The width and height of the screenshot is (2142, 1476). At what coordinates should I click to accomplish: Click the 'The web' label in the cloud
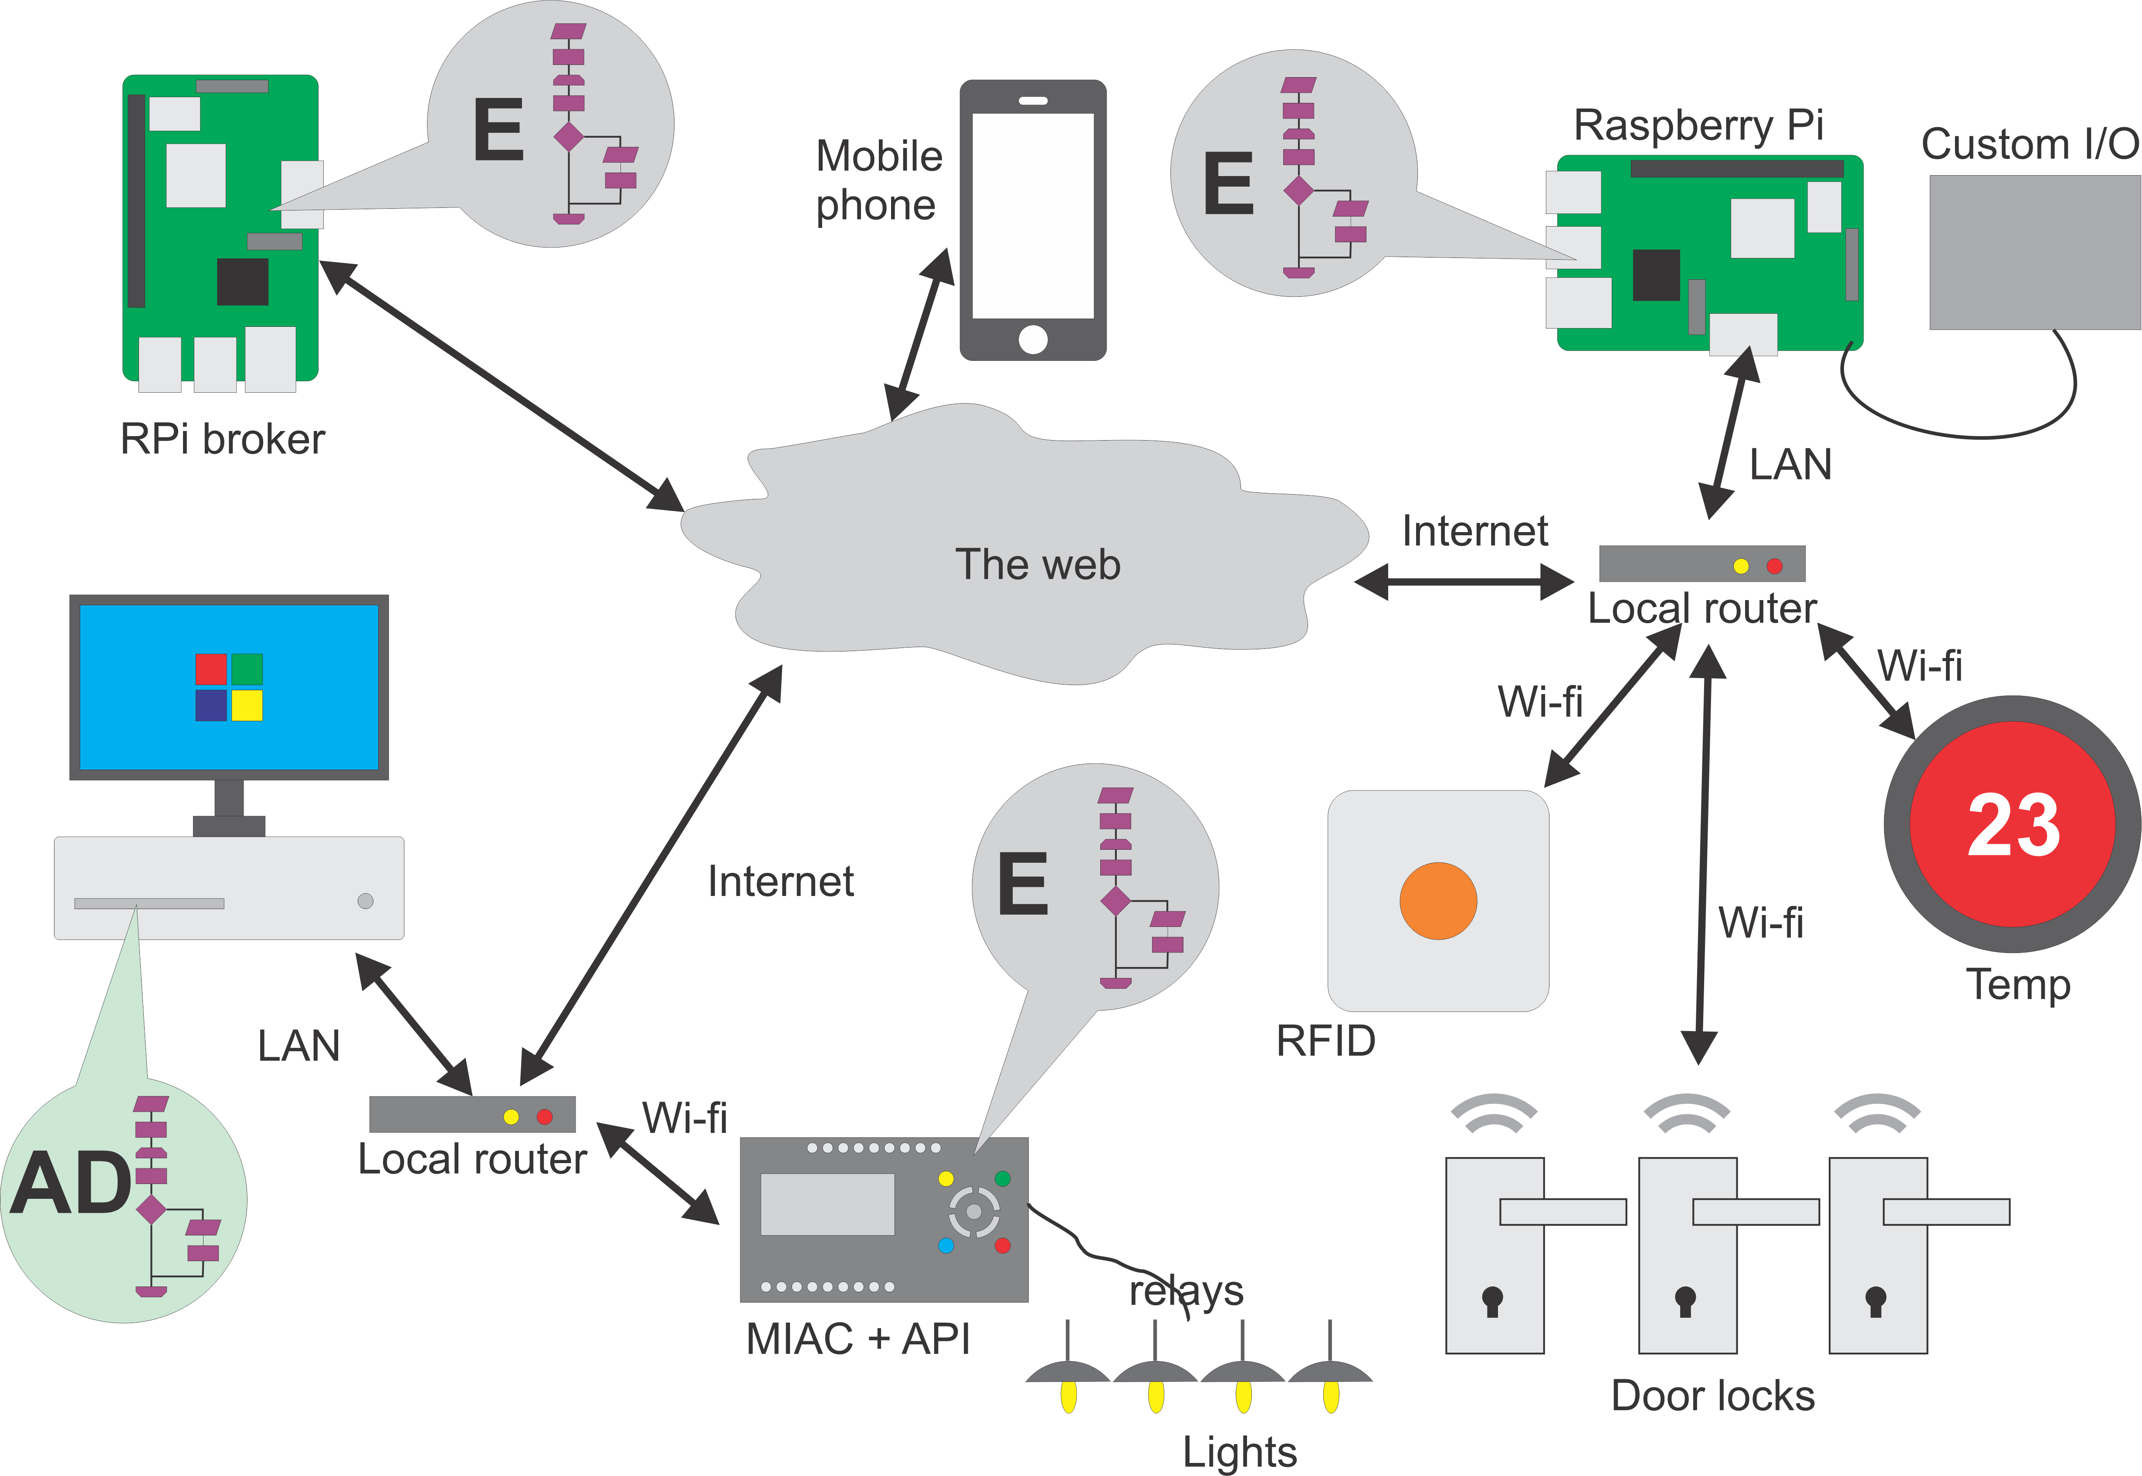[1037, 564]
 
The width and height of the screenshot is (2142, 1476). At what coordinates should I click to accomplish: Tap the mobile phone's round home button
[1033, 339]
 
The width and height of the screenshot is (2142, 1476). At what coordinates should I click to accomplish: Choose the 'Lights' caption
[1240, 1451]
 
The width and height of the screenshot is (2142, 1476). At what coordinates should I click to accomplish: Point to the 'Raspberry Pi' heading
[1698, 125]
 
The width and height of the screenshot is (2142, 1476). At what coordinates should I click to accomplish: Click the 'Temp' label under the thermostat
[2017, 984]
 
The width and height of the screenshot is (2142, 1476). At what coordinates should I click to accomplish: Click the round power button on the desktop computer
[365, 901]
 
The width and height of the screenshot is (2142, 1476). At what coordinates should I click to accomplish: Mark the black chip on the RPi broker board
[242, 281]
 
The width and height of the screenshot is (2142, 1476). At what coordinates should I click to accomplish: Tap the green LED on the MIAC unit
[1002, 1178]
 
